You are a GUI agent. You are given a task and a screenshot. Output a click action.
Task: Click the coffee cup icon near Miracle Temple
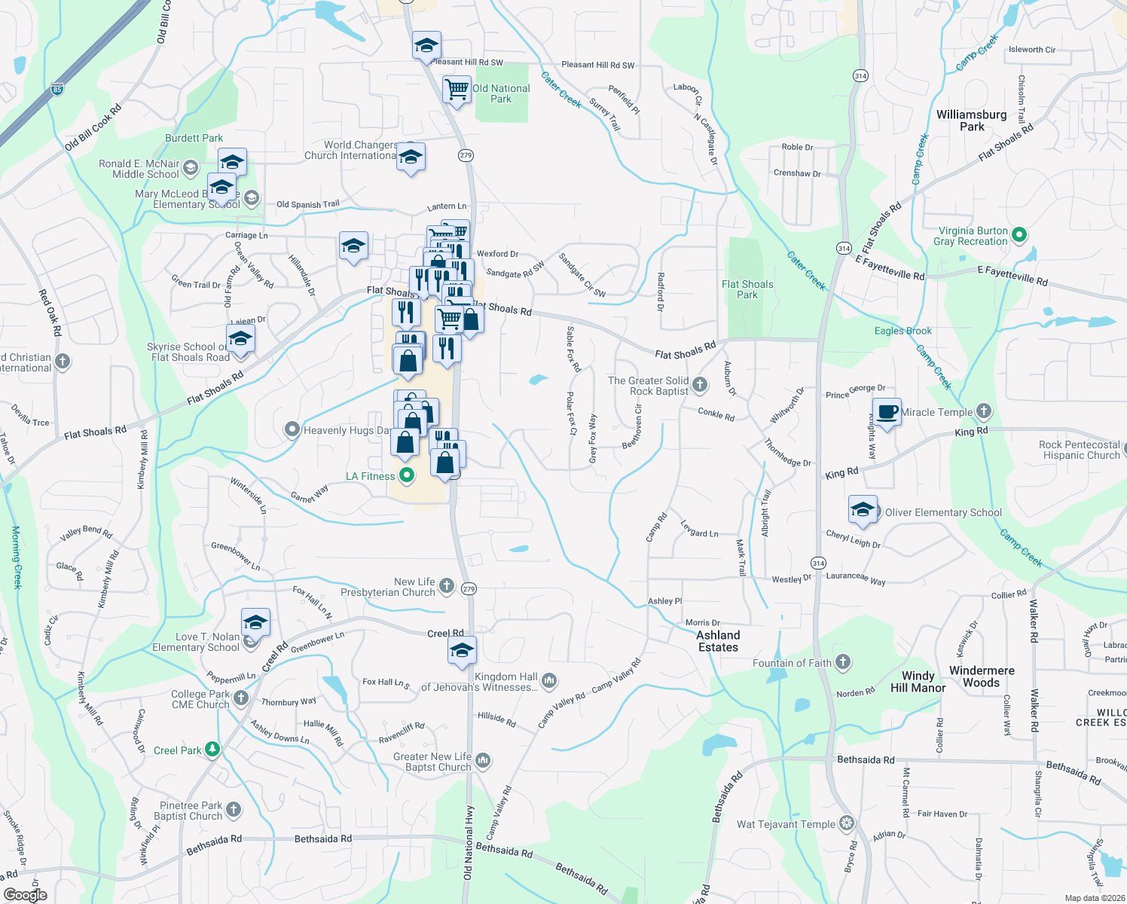point(887,412)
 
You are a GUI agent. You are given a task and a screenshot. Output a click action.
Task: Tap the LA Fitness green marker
point(407,475)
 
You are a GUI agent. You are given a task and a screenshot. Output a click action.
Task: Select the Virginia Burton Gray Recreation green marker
point(1019,235)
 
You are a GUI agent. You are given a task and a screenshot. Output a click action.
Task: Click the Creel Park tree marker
point(212,750)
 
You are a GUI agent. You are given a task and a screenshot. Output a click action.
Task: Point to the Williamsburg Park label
point(971,121)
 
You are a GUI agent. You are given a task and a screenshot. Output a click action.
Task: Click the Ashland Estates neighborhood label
point(718,641)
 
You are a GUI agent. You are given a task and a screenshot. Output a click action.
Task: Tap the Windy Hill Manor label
point(918,682)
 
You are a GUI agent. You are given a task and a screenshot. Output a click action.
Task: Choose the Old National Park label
point(501,93)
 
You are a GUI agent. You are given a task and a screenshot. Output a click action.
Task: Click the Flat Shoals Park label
point(747,289)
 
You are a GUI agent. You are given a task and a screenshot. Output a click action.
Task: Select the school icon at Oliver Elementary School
point(863,509)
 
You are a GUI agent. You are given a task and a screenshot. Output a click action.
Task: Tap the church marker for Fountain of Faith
point(843,662)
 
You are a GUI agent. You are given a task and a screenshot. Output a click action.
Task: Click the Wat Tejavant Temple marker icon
point(848,823)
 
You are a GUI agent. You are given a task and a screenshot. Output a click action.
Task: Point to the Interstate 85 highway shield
point(57,89)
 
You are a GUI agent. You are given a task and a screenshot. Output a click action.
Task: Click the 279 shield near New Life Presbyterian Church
point(469,588)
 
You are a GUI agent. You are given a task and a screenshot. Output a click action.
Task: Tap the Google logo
point(25,894)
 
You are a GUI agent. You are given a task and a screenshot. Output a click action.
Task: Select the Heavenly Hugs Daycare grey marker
point(292,429)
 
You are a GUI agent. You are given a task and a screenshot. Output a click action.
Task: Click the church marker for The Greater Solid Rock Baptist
point(700,385)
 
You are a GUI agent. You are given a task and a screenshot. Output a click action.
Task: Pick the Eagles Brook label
point(903,331)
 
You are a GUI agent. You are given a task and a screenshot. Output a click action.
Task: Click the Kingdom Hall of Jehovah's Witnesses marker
point(549,681)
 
